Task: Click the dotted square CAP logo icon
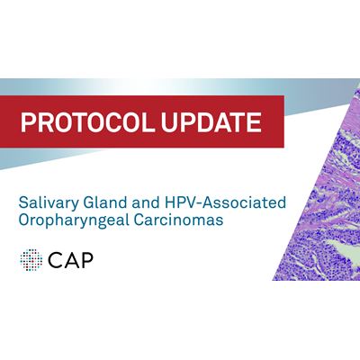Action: [x=32, y=260]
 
